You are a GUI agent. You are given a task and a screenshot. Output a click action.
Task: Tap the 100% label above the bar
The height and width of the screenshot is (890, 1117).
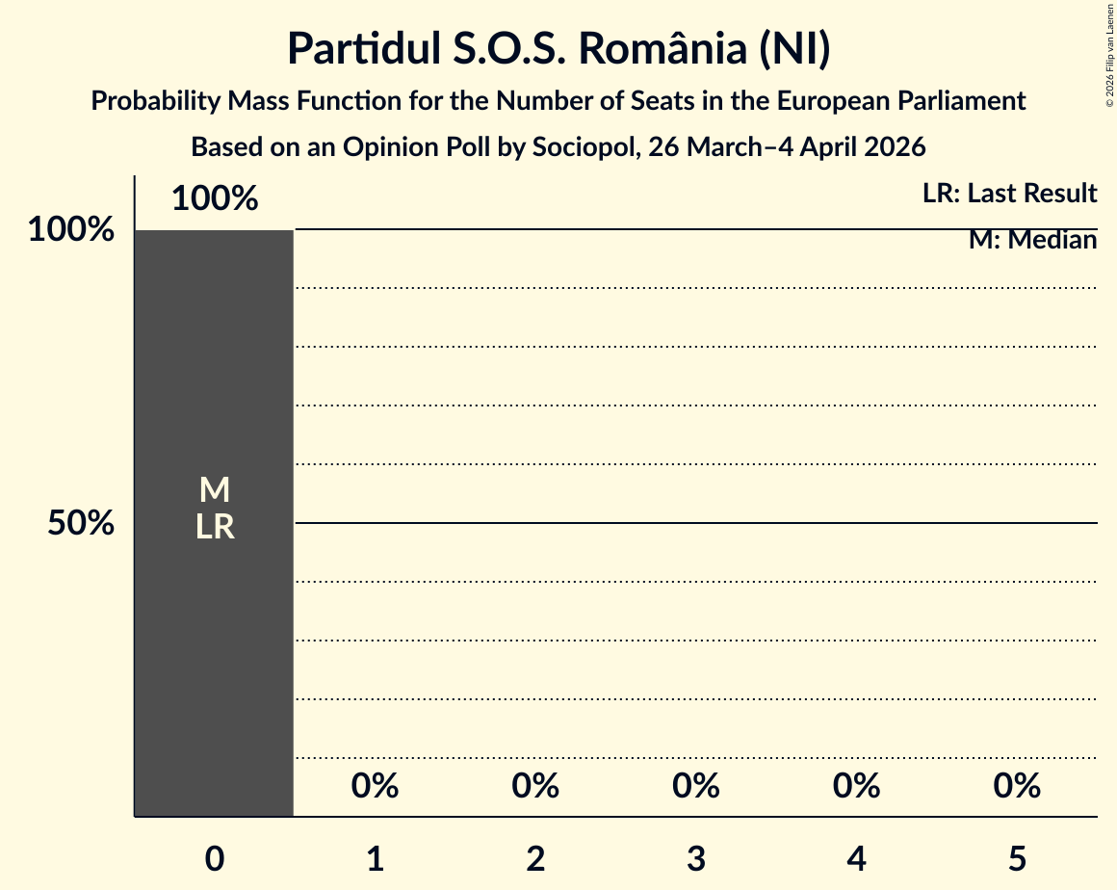click(215, 199)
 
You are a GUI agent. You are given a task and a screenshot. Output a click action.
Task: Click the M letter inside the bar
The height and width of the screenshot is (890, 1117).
click(215, 490)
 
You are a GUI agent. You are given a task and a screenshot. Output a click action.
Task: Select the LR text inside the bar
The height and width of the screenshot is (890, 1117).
click(215, 527)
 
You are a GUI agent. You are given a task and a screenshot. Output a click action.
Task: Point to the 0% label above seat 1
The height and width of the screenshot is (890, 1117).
click(376, 786)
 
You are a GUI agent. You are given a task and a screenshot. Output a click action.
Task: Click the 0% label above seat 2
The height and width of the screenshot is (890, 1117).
click(535, 786)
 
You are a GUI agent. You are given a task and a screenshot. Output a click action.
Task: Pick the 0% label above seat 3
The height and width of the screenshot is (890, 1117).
click(696, 786)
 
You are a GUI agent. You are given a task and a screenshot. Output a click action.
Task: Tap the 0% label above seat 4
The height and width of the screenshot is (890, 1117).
click(857, 786)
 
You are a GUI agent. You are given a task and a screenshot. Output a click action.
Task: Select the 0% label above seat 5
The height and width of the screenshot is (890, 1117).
click(1017, 786)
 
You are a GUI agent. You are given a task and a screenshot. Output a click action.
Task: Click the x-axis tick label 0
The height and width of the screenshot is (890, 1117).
click(215, 859)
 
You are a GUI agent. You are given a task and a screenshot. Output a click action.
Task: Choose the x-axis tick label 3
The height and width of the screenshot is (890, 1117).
click(696, 859)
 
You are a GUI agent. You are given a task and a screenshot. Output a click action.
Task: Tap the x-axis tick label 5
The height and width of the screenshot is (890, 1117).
click(1017, 859)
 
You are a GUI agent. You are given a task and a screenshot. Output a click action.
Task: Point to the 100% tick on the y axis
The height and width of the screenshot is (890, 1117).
click(71, 230)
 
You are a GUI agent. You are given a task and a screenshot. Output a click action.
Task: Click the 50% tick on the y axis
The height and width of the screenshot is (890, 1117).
click(82, 524)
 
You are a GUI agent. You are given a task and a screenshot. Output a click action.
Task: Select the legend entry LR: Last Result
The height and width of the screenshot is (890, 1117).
click(1009, 194)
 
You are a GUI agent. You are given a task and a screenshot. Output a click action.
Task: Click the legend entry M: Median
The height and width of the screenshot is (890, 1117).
click(1032, 240)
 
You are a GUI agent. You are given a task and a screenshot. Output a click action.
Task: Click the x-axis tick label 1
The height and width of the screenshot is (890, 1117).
click(376, 859)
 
